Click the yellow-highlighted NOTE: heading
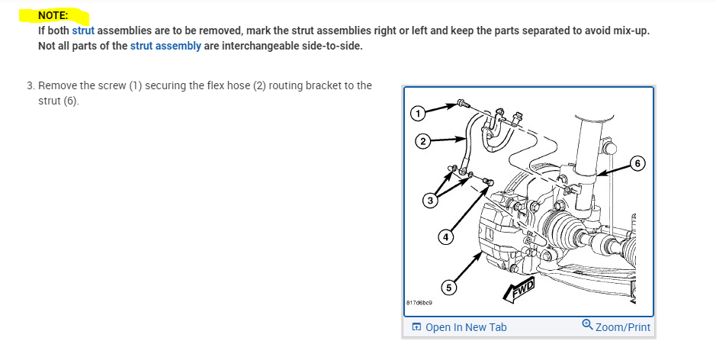click(x=53, y=15)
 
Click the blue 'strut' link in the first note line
click(x=83, y=31)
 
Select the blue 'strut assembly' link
click(x=165, y=46)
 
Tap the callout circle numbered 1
click(x=417, y=113)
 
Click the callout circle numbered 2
click(x=423, y=141)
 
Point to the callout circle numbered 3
click(x=430, y=201)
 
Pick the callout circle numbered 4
click(x=445, y=237)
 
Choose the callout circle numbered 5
click(x=448, y=288)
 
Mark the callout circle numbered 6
click(x=637, y=163)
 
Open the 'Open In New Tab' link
click(x=466, y=327)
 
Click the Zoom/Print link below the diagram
click(x=623, y=327)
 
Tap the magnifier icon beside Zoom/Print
click(x=587, y=325)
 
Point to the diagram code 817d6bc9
click(x=419, y=303)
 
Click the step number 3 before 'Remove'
click(x=31, y=85)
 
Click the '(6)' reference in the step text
click(x=71, y=101)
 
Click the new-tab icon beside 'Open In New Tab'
click(x=416, y=327)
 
